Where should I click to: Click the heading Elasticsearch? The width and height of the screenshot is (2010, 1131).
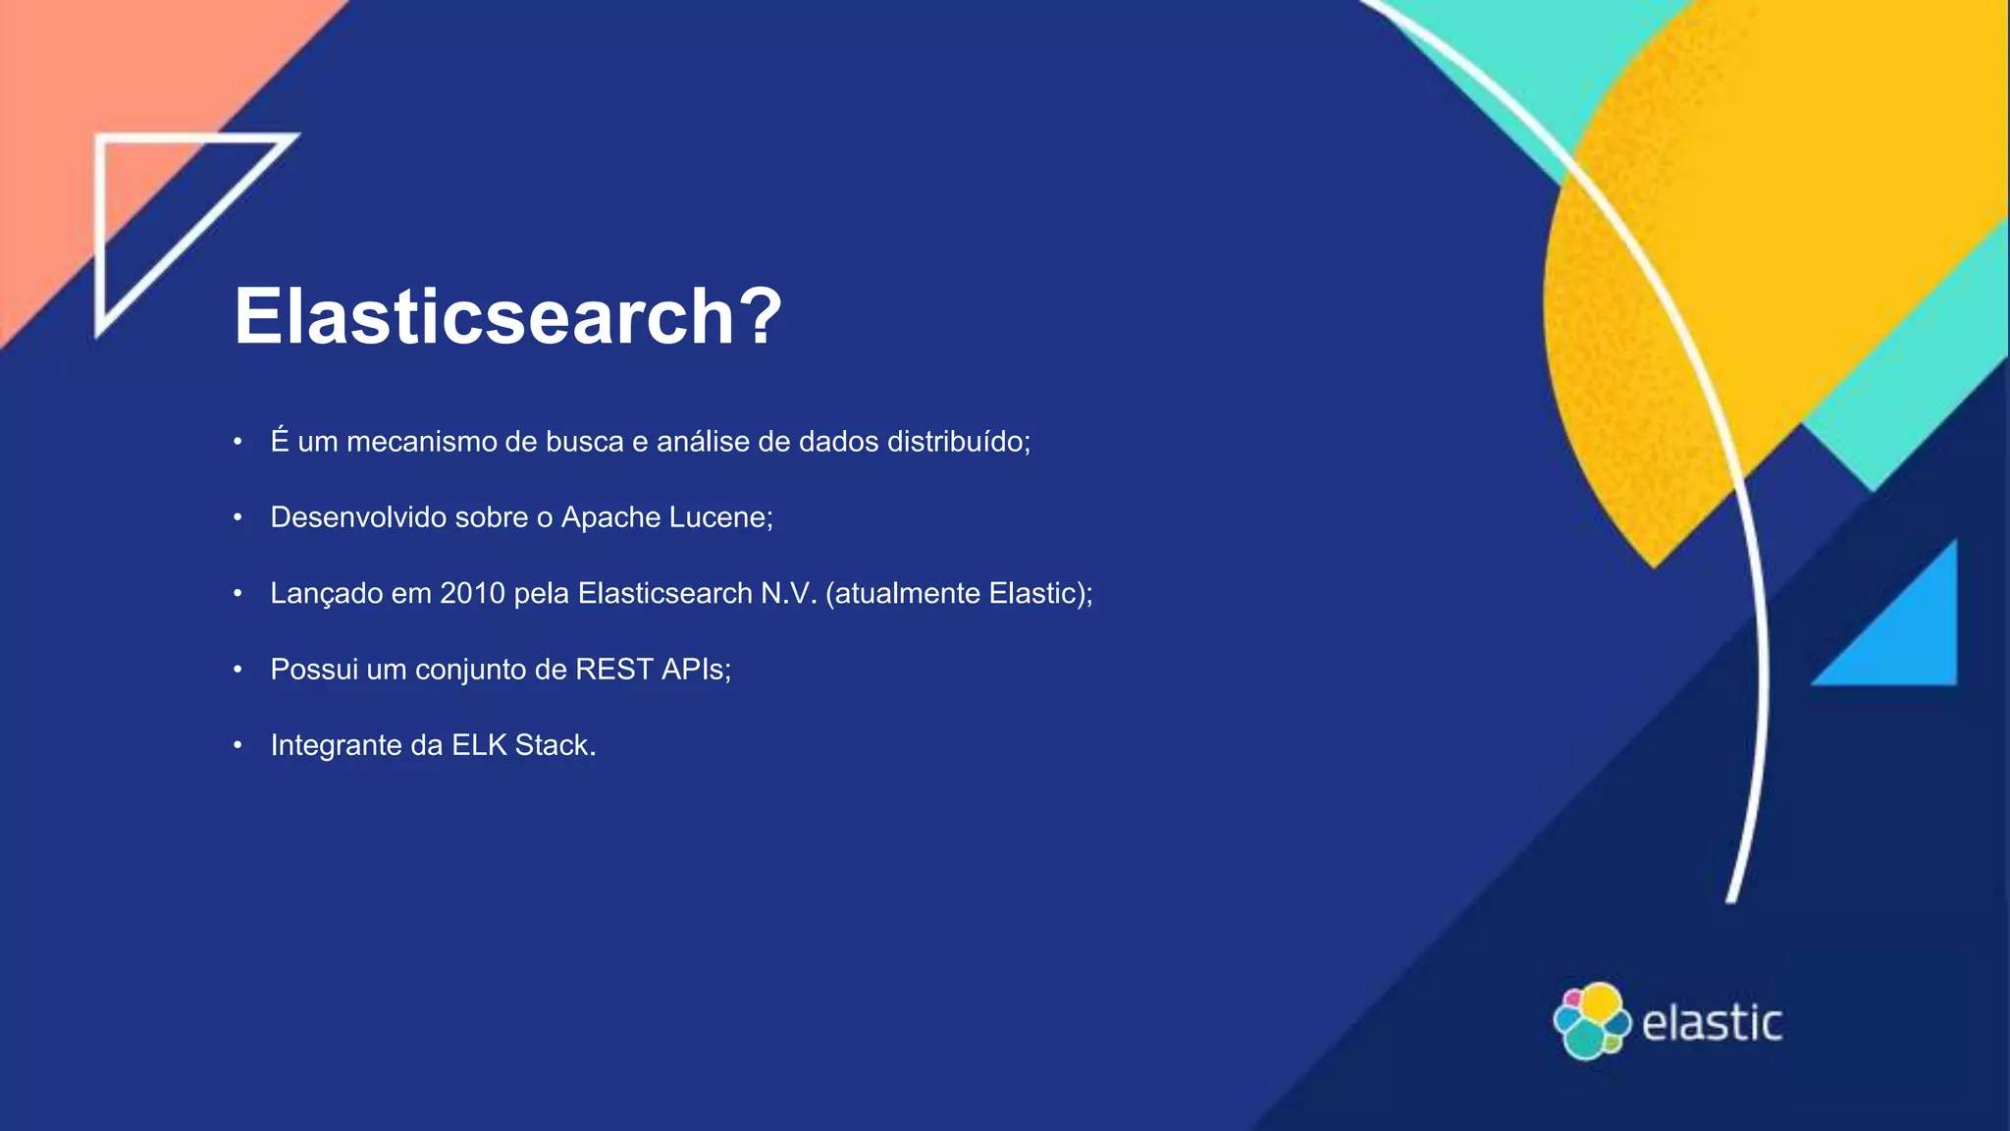[507, 316]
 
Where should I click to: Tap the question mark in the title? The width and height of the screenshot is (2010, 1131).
[759, 316]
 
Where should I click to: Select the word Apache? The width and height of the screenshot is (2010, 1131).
[608, 517]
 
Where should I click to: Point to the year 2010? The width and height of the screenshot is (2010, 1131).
[472, 593]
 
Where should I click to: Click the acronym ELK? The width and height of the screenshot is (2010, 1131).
[479, 745]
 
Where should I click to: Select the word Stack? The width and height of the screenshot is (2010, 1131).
[555, 745]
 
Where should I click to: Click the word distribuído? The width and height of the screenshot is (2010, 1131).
[957, 442]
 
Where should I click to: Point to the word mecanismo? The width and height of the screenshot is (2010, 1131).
[421, 442]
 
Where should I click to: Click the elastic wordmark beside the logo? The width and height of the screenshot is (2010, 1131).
[1712, 1023]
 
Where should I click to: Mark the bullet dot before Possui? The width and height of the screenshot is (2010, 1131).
[238, 670]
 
